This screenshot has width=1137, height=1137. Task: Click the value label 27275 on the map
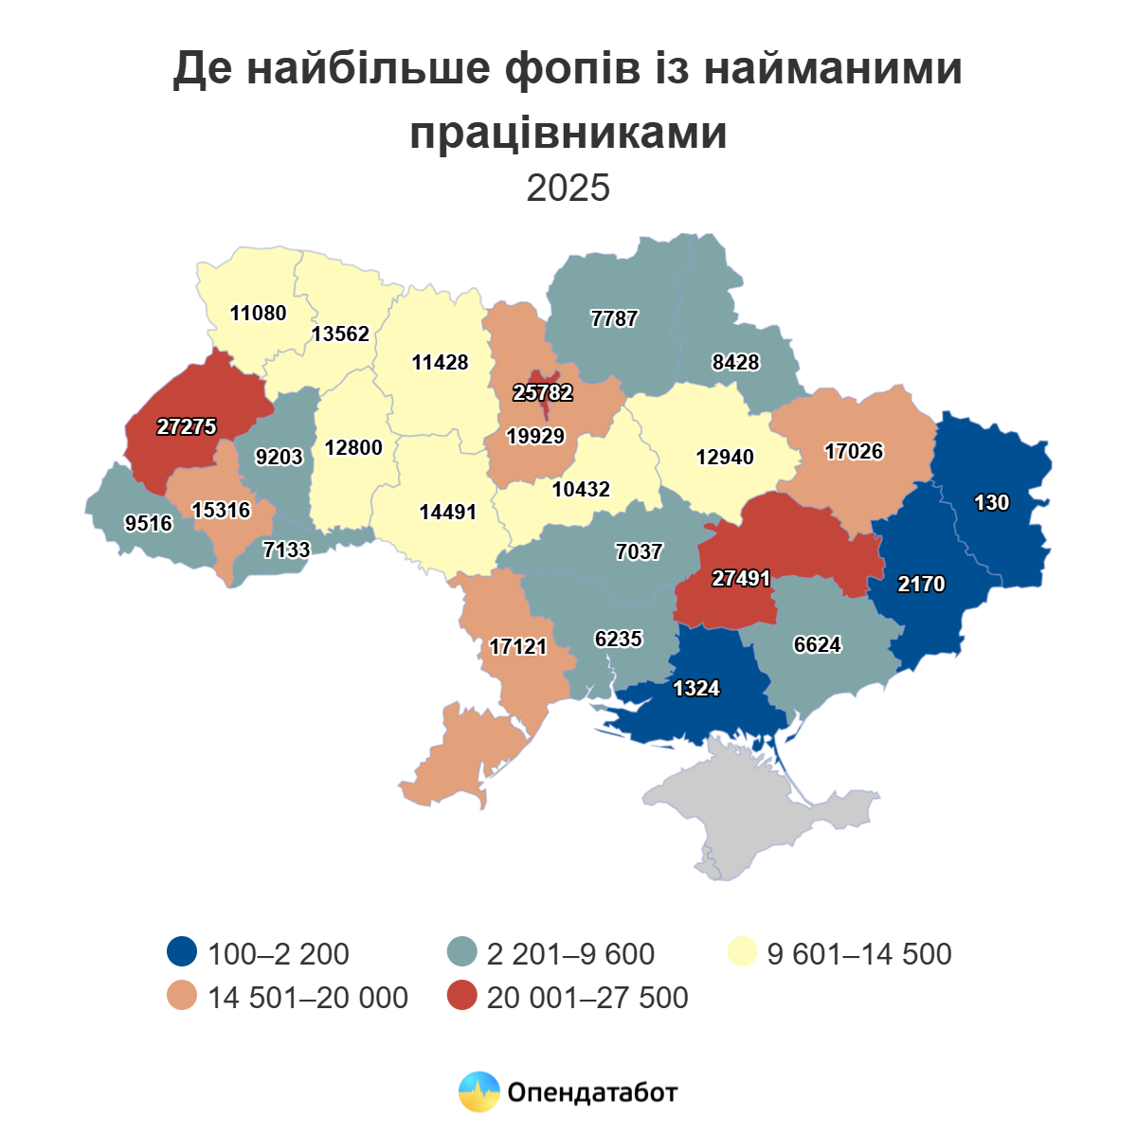[187, 427]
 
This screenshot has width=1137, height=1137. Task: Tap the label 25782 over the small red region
[543, 392]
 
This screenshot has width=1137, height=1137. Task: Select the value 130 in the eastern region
[991, 503]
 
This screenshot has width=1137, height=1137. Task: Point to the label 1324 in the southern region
[696, 689]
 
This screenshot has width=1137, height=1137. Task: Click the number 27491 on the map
[741, 578]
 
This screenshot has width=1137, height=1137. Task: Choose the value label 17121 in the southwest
[518, 647]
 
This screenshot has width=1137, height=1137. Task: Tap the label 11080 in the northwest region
[258, 313]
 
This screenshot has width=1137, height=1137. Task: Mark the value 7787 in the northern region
[614, 319]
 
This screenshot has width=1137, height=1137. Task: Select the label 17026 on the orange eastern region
[854, 452]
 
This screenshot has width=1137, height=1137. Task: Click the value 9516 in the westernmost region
[149, 523]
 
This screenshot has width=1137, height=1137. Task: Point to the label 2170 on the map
[921, 585]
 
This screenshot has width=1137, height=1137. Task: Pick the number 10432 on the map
[581, 490]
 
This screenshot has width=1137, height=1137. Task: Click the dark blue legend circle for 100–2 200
[181, 952]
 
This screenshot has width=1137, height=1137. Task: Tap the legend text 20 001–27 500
[587, 998]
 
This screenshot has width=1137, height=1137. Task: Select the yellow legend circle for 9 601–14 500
[741, 952]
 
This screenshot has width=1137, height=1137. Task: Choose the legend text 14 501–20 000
[308, 998]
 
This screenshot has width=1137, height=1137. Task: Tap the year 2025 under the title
[568, 189]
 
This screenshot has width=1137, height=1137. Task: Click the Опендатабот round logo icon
[478, 1092]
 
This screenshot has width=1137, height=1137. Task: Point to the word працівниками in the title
[568, 133]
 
